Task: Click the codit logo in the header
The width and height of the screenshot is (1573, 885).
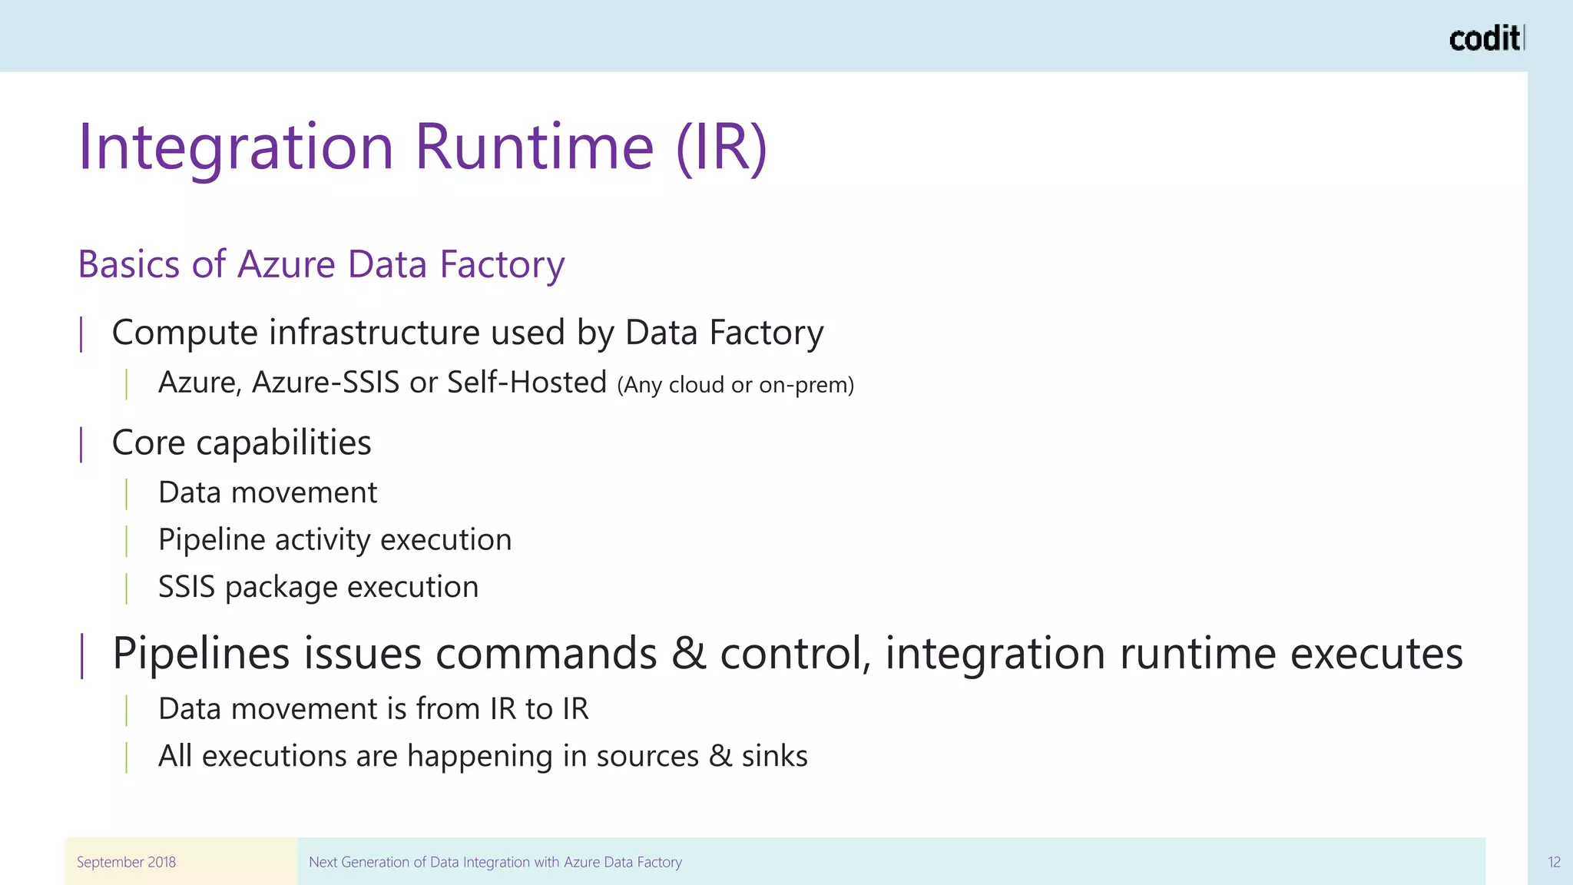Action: pos(1485,38)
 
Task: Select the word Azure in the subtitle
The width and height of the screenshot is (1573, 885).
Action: pos(286,264)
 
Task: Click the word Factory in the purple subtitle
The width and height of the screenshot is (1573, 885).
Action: pos(502,264)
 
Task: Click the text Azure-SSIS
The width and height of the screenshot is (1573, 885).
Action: pos(326,383)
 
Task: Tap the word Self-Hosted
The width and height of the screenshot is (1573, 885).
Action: pos(527,383)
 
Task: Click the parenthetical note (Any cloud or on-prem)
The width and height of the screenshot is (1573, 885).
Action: pos(735,385)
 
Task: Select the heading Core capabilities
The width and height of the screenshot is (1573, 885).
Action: pos(241,443)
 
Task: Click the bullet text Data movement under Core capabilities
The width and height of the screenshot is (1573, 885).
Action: pos(267,492)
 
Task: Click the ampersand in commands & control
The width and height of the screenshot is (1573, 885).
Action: pos(689,654)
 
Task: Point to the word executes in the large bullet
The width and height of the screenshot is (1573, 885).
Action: pos(1376,654)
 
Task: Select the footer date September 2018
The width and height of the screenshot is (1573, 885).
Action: pos(126,862)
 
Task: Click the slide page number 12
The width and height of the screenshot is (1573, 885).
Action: pos(1554,862)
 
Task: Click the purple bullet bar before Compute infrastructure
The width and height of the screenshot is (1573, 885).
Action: pos(81,334)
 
